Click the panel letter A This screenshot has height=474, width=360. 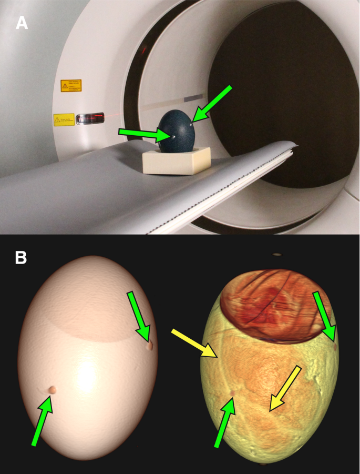(22, 23)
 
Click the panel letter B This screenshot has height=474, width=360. (22, 257)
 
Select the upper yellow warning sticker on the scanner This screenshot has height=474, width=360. (70, 85)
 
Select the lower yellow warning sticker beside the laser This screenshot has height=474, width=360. (64, 120)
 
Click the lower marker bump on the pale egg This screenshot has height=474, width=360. (52, 389)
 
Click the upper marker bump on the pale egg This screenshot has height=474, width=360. (150, 346)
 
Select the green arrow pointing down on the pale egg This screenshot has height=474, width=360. (140, 317)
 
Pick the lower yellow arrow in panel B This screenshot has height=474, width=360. (285, 389)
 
